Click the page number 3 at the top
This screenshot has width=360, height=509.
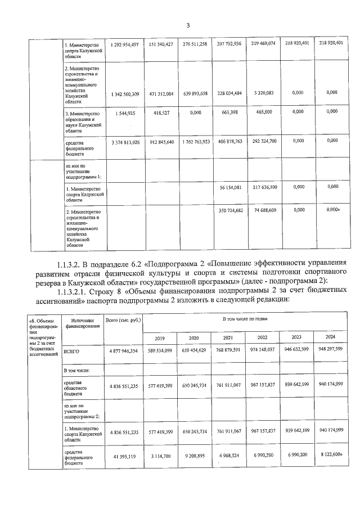click(x=188, y=25)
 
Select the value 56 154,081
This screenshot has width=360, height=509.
click(x=229, y=187)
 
